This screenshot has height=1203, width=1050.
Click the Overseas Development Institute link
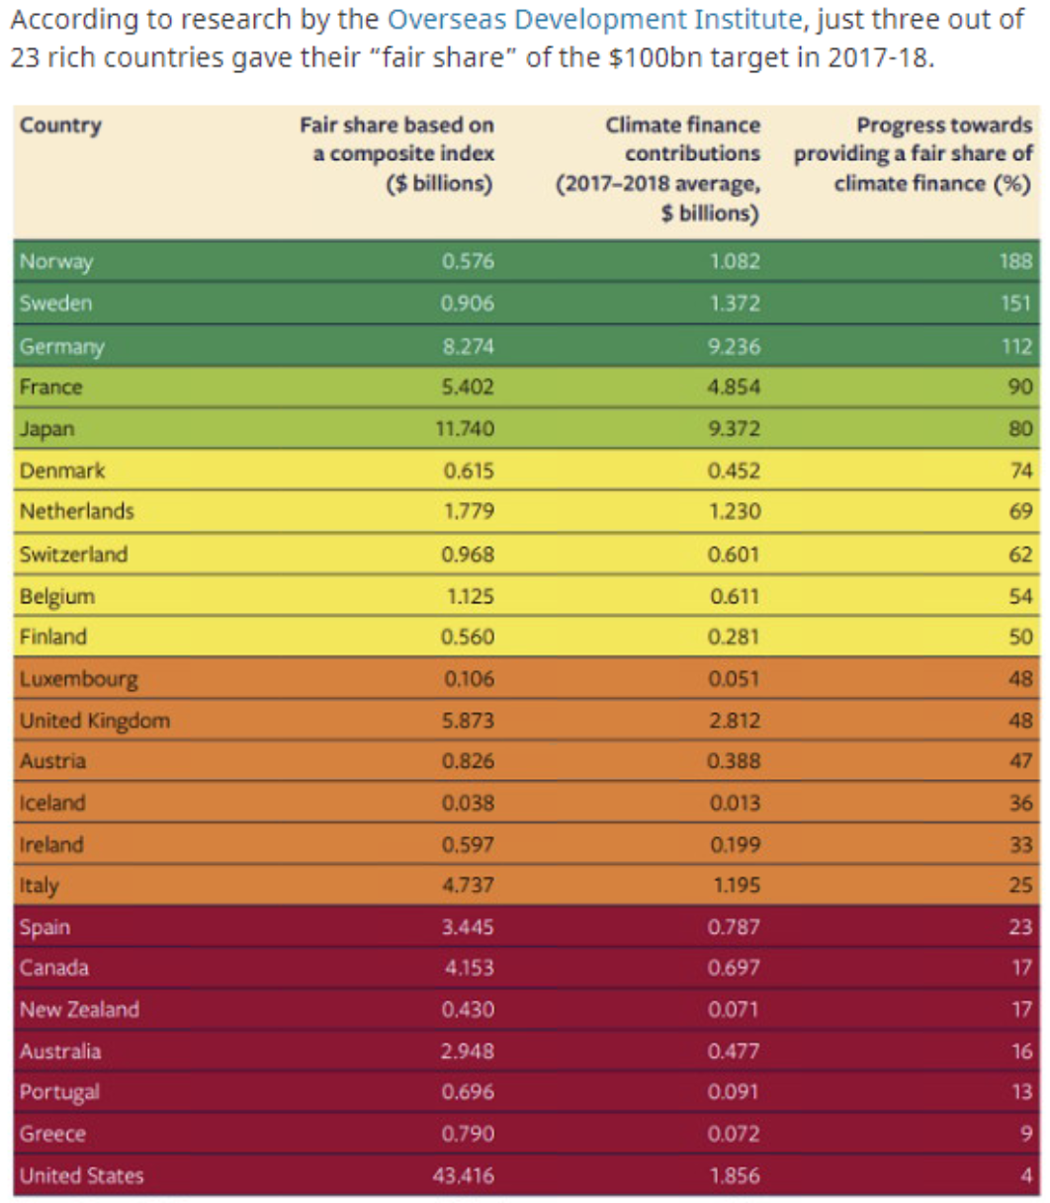click(x=593, y=19)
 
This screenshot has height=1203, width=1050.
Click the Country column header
click(x=60, y=126)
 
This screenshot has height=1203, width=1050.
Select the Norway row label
click(x=56, y=262)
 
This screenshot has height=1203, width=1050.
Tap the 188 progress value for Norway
click(x=1015, y=262)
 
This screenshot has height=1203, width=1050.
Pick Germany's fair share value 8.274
click(x=468, y=346)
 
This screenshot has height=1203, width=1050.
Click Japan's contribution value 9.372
click(x=735, y=429)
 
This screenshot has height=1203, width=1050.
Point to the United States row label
click(x=81, y=1175)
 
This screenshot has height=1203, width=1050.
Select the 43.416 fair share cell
click(x=464, y=1175)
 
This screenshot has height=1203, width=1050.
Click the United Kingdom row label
click(x=94, y=721)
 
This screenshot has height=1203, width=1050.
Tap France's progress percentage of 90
click(x=1020, y=387)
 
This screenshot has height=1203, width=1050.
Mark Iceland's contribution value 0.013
click(x=735, y=803)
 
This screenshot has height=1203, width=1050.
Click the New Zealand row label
click(x=79, y=1009)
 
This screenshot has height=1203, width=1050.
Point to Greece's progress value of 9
click(x=1026, y=1134)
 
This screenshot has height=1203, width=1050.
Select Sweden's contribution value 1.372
click(x=735, y=303)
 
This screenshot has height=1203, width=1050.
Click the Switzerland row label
click(x=73, y=554)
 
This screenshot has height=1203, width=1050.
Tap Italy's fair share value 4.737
click(x=469, y=886)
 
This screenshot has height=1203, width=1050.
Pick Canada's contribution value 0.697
click(x=735, y=968)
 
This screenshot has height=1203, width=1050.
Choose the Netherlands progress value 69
click(x=1020, y=512)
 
